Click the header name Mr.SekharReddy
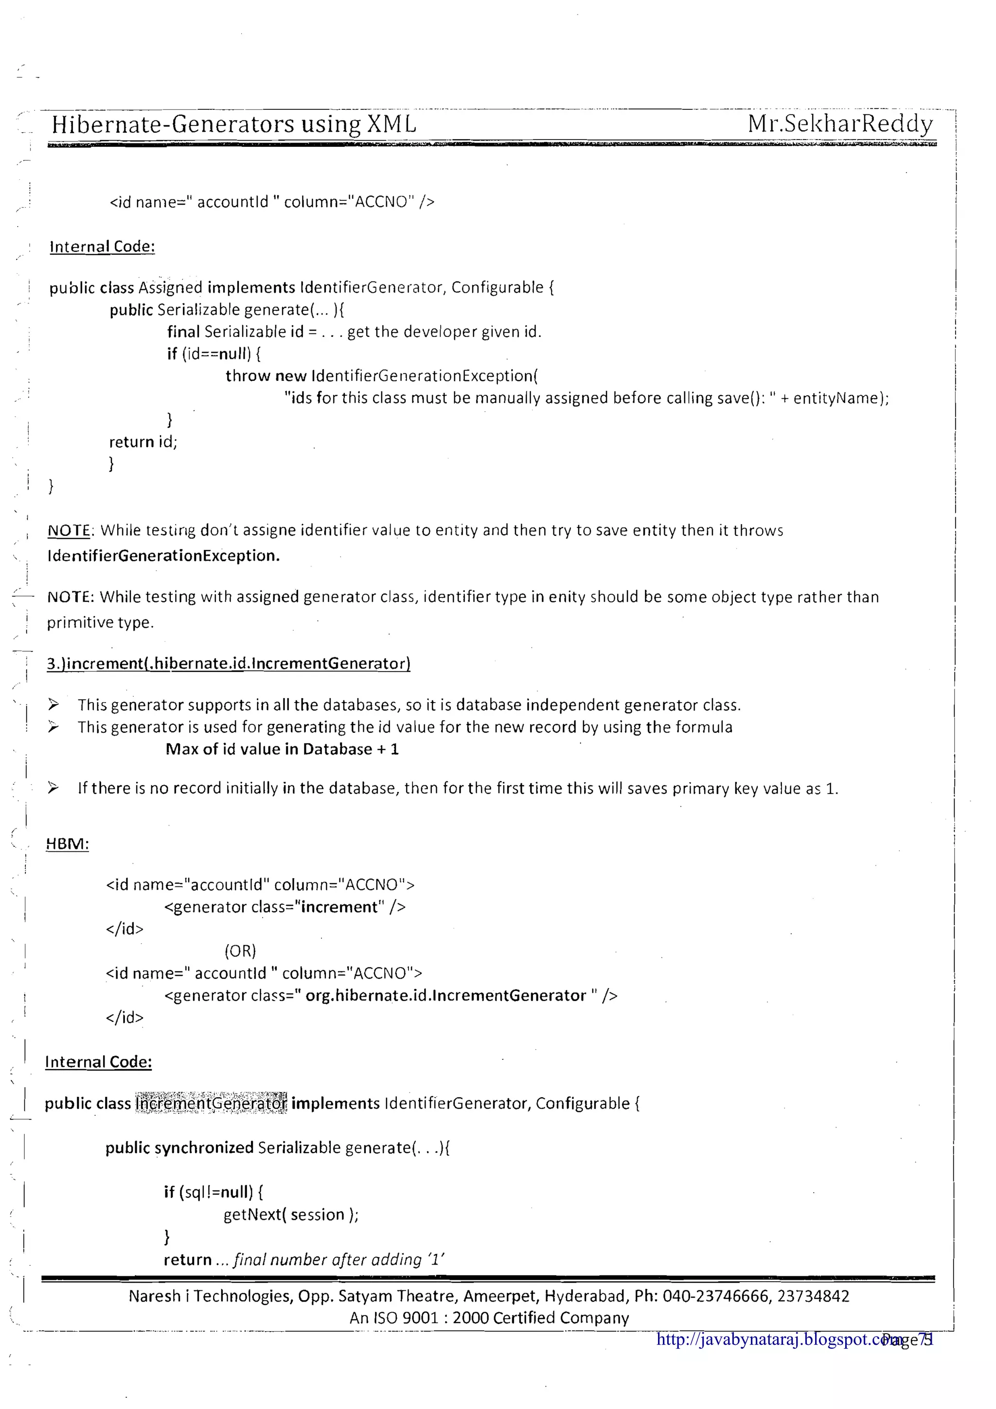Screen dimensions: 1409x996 [839, 124]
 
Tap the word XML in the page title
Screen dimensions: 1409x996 [391, 124]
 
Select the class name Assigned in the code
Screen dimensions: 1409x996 [170, 287]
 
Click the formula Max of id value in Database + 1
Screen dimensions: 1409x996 [282, 749]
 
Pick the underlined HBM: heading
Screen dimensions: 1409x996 [68, 844]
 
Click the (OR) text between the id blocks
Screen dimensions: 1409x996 [240, 951]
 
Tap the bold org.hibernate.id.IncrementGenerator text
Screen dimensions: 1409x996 [445, 995]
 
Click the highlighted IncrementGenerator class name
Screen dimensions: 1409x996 [211, 1103]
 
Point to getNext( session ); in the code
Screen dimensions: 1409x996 [291, 1214]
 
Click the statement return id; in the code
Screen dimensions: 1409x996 [143, 442]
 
